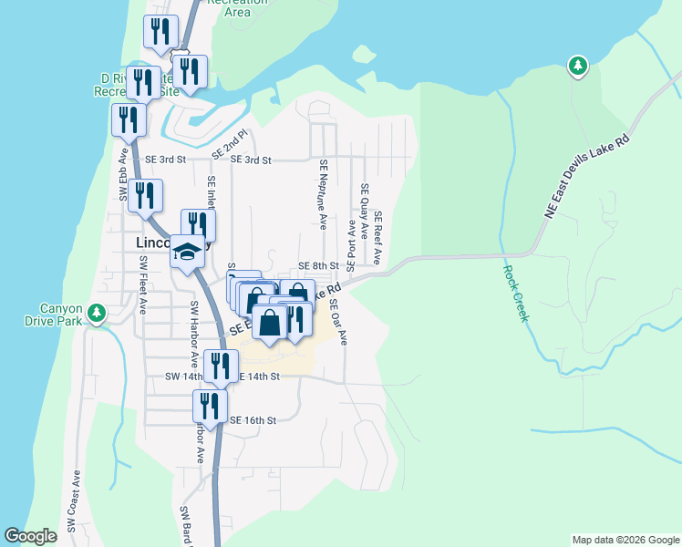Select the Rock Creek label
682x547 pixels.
tap(517, 291)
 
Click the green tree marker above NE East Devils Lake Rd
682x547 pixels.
tap(577, 66)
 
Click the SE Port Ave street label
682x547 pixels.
tap(351, 241)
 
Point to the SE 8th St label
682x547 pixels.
tap(319, 266)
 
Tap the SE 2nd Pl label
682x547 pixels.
tap(230, 146)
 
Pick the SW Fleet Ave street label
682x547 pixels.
tap(143, 285)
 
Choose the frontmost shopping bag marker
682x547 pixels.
tap(270, 324)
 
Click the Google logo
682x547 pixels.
tap(31, 537)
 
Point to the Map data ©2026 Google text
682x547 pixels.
tap(625, 540)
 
